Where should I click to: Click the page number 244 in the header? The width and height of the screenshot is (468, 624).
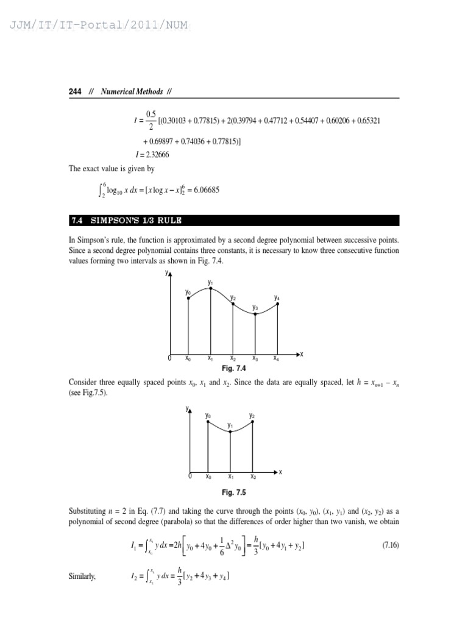tap(75, 91)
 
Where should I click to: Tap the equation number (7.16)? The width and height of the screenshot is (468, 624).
tap(390, 545)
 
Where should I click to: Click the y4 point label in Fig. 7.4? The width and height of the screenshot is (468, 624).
tap(277, 298)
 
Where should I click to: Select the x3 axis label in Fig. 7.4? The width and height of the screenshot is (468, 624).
tap(255, 358)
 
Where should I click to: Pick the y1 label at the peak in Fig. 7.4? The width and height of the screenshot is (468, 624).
tap(210, 283)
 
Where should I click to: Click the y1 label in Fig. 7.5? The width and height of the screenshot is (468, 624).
tap(230, 425)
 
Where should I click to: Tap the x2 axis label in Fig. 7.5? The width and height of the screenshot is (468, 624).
tap(252, 477)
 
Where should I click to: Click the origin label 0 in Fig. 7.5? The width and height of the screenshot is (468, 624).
tap(190, 477)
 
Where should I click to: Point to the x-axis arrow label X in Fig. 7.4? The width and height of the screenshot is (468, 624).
tap(302, 354)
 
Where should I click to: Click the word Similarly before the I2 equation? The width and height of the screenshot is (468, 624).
tap(82, 576)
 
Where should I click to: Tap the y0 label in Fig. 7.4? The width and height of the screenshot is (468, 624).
tap(188, 292)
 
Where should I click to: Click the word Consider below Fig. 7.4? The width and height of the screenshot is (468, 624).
tap(83, 382)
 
